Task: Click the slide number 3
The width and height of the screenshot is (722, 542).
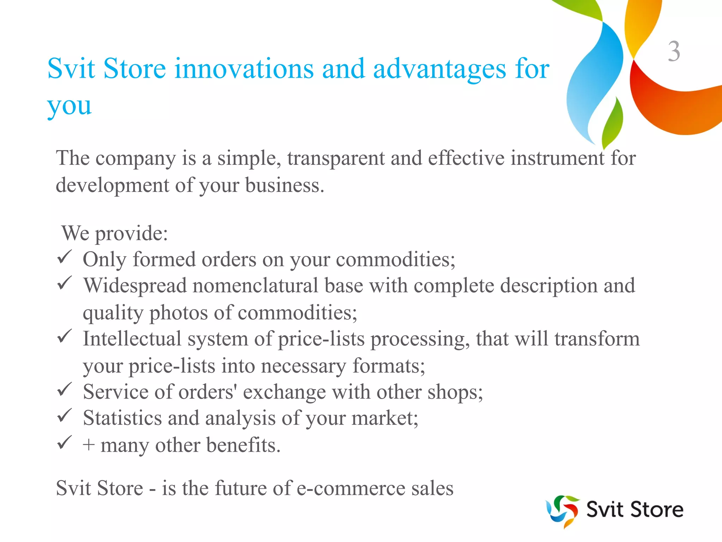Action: (674, 52)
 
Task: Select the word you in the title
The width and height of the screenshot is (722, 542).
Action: (69, 106)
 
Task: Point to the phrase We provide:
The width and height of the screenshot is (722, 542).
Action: (115, 233)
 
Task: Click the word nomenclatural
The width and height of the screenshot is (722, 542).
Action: (255, 285)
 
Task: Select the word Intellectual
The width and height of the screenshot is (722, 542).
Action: (132, 339)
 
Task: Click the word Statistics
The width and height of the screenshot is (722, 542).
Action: (122, 418)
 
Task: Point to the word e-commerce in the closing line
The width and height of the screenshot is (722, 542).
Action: (351, 488)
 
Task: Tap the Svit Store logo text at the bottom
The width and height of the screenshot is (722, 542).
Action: (635, 510)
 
